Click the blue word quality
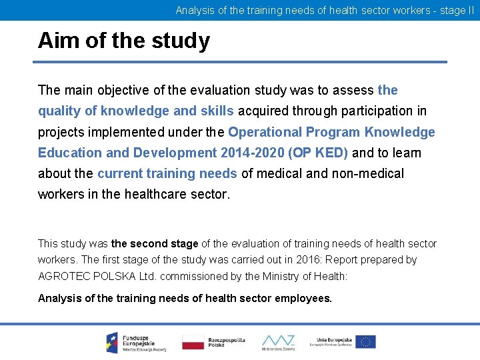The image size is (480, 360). (59, 111)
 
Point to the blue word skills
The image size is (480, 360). (217, 111)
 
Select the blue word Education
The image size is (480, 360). (70, 153)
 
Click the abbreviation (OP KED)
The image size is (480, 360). (318, 153)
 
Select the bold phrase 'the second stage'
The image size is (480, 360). (155, 244)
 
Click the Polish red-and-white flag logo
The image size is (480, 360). (193, 342)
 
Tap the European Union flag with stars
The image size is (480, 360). (365, 342)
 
